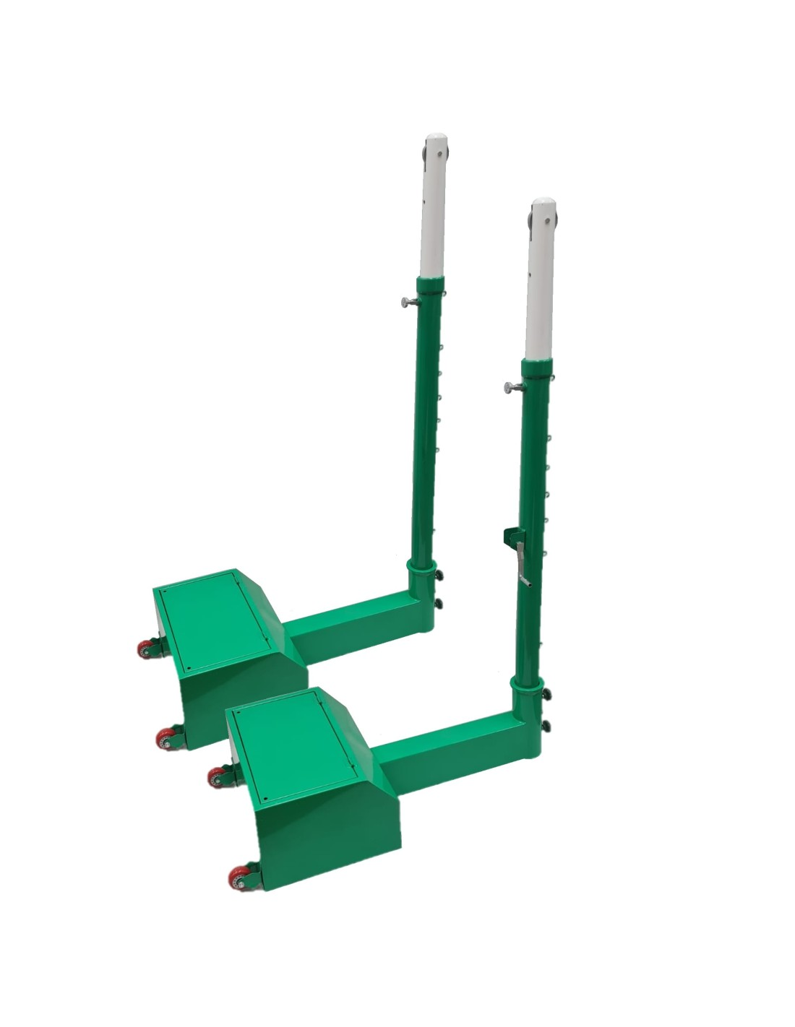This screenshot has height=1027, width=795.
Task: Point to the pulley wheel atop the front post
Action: [532, 217]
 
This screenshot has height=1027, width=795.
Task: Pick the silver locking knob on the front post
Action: [510, 389]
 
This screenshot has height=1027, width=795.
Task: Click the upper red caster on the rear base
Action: [147, 649]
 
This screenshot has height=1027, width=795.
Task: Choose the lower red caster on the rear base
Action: [167, 738]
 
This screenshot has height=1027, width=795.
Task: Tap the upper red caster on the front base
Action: [218, 777]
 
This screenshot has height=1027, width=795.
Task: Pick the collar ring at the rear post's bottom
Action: [421, 564]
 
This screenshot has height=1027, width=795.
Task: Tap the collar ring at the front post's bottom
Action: [526, 682]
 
